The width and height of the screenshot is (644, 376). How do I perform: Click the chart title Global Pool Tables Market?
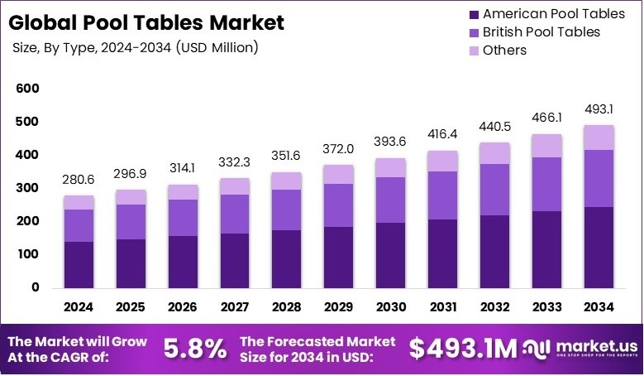point(146,22)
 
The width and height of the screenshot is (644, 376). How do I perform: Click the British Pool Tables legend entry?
point(533,31)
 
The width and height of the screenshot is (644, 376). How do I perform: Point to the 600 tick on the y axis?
point(27,89)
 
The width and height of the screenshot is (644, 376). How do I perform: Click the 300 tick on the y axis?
point(27,188)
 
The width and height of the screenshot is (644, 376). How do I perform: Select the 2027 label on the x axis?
point(236,306)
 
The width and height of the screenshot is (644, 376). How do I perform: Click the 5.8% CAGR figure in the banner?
point(194,349)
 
